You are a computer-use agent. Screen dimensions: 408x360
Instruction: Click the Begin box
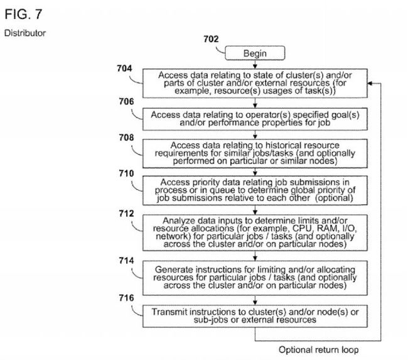[255, 53]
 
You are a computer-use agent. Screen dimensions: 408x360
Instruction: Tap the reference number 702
[211, 39]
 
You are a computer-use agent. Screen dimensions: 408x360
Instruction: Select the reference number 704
[124, 68]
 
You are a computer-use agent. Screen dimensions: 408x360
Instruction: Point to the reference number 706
[126, 101]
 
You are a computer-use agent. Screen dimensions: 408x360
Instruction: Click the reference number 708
[126, 138]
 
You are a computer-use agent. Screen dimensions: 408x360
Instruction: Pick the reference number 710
[126, 173]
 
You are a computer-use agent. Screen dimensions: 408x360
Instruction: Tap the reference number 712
[126, 214]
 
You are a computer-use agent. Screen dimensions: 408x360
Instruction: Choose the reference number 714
[126, 261]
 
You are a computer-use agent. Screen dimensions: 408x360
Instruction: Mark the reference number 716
[126, 298]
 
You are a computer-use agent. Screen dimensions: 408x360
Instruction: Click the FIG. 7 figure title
[23, 14]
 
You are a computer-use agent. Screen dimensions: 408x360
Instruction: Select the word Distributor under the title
[25, 33]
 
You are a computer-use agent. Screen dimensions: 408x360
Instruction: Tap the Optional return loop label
[318, 349]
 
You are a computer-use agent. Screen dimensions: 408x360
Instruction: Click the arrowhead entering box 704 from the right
[370, 84]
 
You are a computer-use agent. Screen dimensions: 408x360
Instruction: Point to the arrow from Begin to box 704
[255, 64]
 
